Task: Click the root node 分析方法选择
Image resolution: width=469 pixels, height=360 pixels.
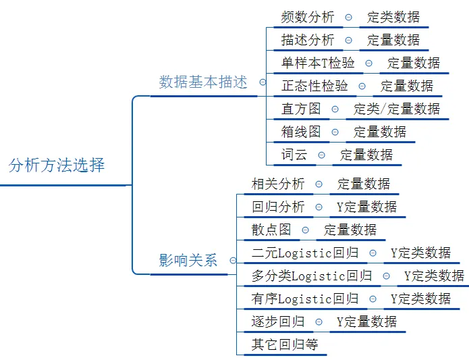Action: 57,165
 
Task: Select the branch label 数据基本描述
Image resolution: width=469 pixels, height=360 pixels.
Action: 203,82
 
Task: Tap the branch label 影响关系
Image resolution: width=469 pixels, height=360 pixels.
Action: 188,260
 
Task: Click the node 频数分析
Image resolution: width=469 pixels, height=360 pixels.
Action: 308,17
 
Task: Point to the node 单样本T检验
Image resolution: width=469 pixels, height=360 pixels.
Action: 318,63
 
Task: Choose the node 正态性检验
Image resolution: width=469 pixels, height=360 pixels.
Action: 314,86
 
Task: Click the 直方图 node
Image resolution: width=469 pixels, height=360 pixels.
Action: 301,109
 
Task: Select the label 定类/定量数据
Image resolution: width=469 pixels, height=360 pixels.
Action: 397,109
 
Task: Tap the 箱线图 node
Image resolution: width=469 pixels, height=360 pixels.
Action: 301,132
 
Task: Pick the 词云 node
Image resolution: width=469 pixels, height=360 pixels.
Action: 294,155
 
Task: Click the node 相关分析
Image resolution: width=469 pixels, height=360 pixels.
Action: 278,184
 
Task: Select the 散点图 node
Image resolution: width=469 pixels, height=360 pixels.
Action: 271,230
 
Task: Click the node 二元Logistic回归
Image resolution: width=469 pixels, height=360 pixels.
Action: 305,253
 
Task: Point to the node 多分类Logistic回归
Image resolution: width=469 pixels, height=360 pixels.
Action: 312,276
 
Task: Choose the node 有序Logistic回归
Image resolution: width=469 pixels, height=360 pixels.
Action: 305,299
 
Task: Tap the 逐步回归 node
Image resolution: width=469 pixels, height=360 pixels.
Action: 278,322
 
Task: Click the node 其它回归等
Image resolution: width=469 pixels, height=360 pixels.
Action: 285,345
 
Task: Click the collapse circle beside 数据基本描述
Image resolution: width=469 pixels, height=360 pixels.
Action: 263,83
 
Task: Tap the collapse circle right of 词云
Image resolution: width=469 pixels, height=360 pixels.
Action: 321,155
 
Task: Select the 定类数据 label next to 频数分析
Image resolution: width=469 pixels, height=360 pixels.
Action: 393,17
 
